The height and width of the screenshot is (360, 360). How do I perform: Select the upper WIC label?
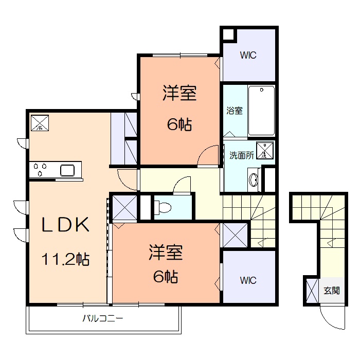247,55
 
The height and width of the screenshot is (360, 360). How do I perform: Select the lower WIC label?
247,280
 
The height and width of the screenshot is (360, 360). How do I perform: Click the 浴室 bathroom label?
235,110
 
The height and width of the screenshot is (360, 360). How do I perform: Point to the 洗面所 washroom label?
241,155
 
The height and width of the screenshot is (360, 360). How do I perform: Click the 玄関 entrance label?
332,291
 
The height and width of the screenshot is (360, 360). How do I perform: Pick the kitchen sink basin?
68,170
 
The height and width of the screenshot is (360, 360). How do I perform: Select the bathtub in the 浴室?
261,111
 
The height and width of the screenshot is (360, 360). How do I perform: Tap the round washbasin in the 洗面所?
254,180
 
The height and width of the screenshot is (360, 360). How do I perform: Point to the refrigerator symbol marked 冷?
40,123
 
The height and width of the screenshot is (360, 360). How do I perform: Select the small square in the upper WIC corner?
228,35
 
